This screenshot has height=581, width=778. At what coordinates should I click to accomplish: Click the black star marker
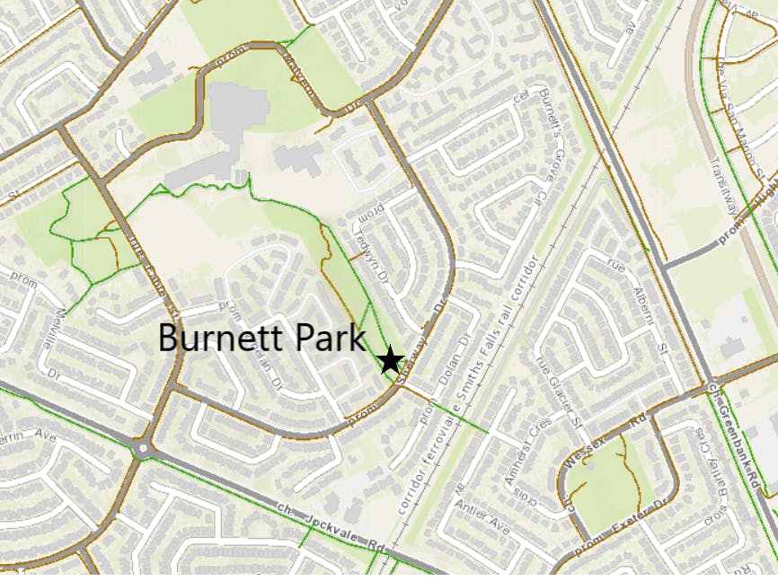[390, 361]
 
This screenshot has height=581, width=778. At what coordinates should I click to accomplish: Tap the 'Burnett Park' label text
[262, 339]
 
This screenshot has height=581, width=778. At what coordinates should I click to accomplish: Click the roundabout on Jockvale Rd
[140, 446]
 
